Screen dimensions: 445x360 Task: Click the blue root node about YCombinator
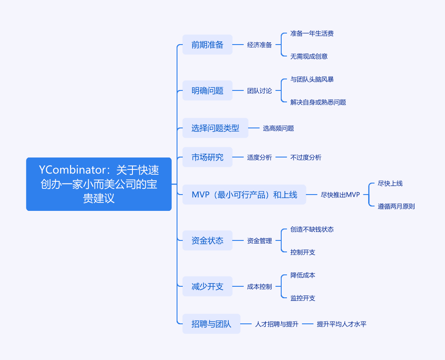pyautogui.click(x=99, y=184)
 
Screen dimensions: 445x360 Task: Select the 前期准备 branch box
pyautogui.click(x=207, y=45)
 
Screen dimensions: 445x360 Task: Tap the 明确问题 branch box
pyautogui.click(x=207, y=90)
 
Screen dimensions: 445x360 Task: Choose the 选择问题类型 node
pyautogui.click(x=215, y=128)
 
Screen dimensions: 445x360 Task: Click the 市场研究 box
pyautogui.click(x=207, y=157)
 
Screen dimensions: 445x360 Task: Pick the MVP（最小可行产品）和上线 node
pyautogui.click(x=245, y=195)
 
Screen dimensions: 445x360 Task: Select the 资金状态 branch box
pyautogui.click(x=207, y=240)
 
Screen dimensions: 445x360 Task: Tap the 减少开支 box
pyautogui.click(x=207, y=286)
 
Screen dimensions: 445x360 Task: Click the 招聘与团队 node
pyautogui.click(x=211, y=324)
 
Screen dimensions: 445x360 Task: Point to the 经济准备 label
pyautogui.click(x=260, y=45)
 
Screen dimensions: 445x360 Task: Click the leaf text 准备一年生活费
pyautogui.click(x=312, y=34)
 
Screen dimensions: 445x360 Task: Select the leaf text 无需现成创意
pyautogui.click(x=309, y=56)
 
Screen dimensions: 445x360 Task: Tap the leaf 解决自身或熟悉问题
pyautogui.click(x=318, y=102)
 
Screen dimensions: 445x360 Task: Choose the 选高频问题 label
pyautogui.click(x=279, y=128)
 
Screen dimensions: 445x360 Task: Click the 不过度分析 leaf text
pyautogui.click(x=305, y=157)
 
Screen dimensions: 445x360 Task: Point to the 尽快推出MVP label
pyautogui.click(x=340, y=195)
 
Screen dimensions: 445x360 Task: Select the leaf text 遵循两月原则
pyautogui.click(x=396, y=206)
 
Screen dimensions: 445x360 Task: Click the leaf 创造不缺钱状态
pyautogui.click(x=312, y=229)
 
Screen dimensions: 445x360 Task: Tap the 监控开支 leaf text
pyautogui.click(x=302, y=298)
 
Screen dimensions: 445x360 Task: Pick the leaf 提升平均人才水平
pyautogui.click(x=341, y=324)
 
